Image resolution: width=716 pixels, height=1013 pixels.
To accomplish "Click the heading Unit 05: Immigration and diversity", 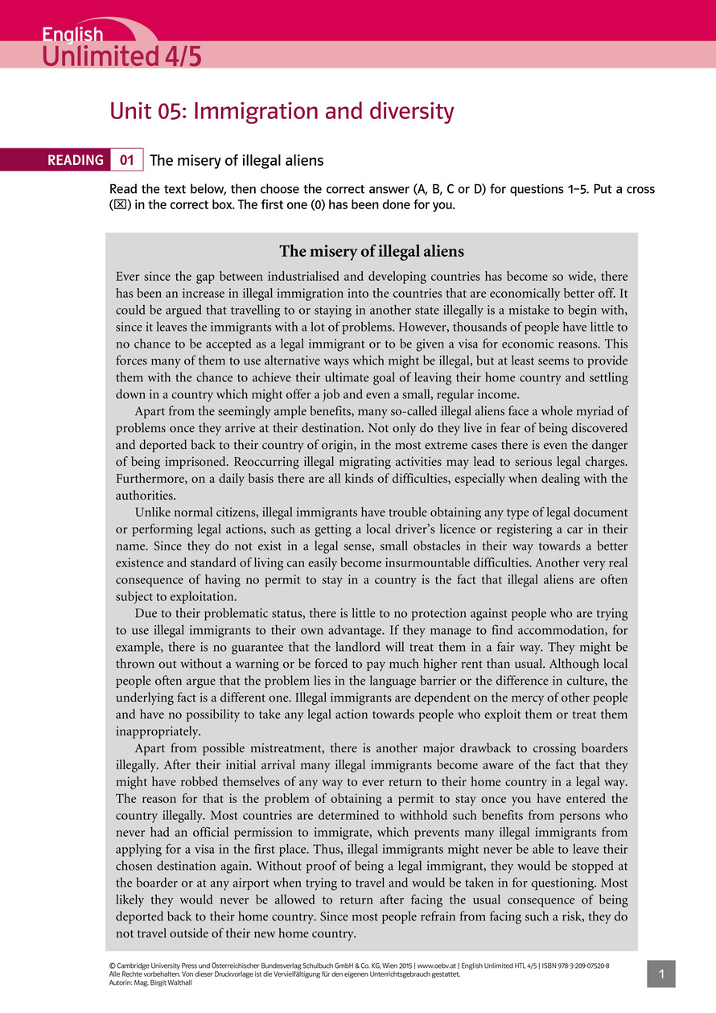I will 282,111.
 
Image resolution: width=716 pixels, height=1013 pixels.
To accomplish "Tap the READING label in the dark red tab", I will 76,160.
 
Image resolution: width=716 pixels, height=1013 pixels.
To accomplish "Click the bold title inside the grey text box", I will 371,251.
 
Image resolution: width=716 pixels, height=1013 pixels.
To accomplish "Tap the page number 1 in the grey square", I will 660,974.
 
